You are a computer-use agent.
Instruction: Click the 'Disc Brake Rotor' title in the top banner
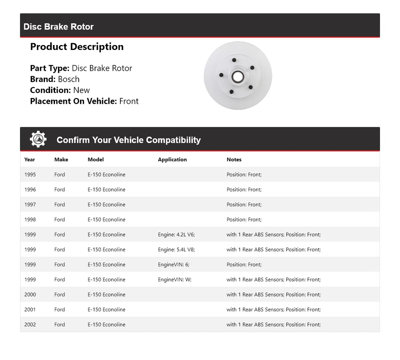click(58, 27)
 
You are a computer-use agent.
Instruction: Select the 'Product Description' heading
click(77, 47)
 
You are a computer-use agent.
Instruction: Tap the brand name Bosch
click(68, 79)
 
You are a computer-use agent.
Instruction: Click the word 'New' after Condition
click(81, 90)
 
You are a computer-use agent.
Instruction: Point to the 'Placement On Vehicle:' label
click(73, 101)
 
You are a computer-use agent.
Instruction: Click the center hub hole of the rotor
click(237, 76)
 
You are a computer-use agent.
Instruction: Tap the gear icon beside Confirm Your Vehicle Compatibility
click(38, 140)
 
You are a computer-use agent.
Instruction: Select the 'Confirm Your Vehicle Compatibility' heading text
click(128, 140)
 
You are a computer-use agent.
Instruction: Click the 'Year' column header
click(30, 160)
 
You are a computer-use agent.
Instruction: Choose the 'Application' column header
click(172, 160)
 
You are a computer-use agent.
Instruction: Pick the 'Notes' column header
click(234, 160)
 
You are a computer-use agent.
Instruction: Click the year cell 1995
click(30, 175)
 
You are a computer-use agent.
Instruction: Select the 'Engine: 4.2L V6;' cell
click(176, 235)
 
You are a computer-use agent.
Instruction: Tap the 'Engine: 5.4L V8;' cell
click(176, 250)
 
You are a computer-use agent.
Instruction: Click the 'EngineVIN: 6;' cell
click(173, 265)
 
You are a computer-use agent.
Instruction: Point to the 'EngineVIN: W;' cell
click(175, 280)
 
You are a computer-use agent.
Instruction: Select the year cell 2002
click(30, 325)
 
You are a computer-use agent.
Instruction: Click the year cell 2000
click(30, 295)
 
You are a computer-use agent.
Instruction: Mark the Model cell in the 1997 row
click(106, 205)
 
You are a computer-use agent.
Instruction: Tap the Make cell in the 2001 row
click(60, 310)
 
